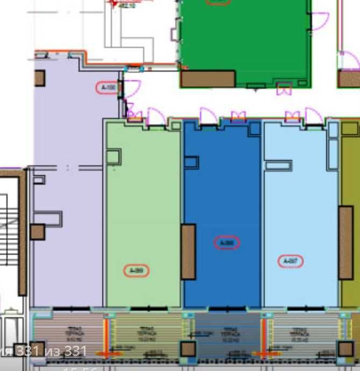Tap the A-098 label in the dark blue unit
point(227,243)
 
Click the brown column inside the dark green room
point(207,79)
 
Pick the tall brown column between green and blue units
point(188,252)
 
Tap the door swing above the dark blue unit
point(208,116)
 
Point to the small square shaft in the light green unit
point(113,157)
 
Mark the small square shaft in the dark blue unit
point(191,163)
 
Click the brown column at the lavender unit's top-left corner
point(39,78)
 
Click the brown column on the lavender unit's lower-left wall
point(37,232)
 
